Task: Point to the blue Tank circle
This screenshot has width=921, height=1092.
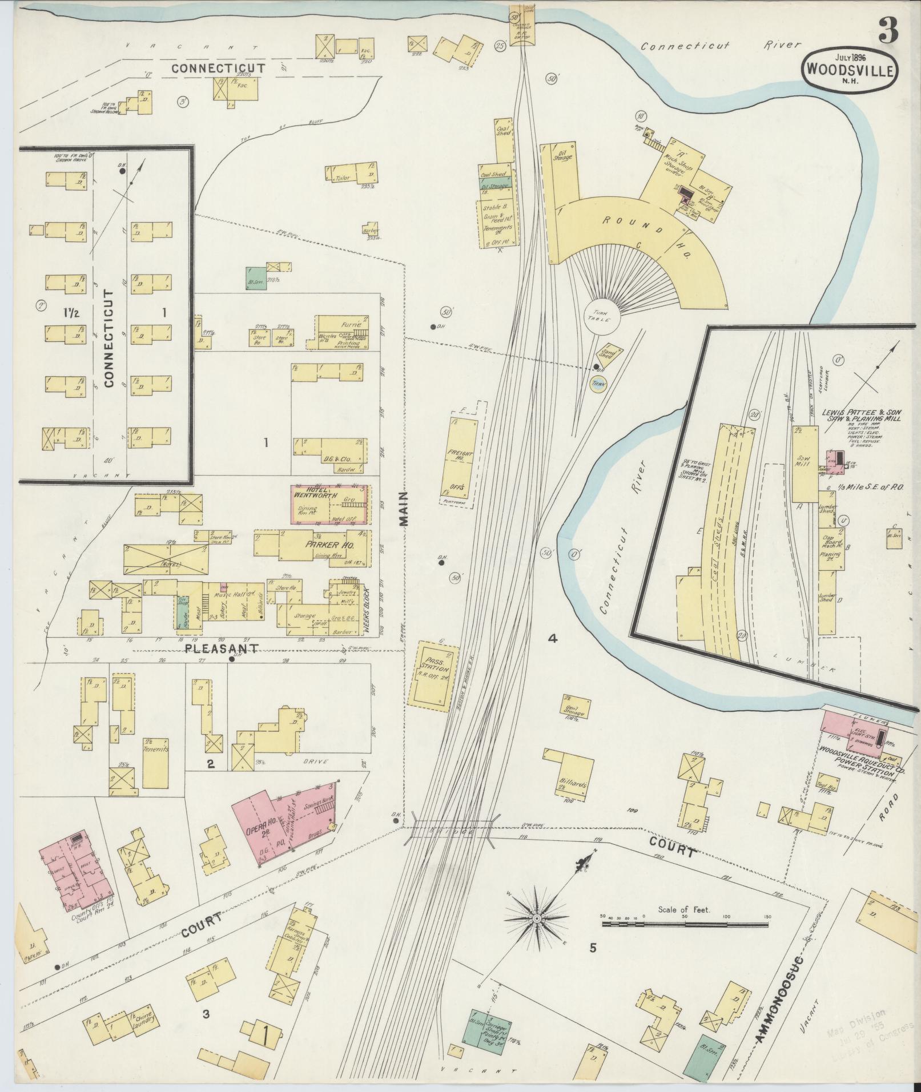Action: pos(598,385)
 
